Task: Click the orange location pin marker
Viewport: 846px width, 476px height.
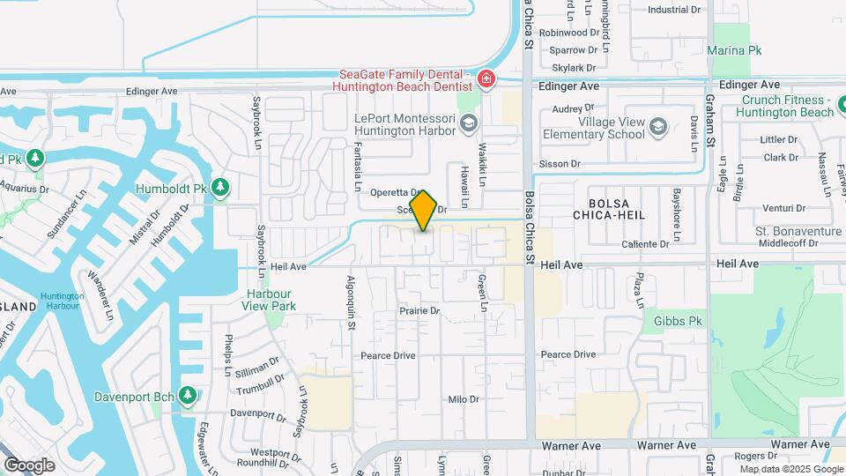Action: pos(424,212)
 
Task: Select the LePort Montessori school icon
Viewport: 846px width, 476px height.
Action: pos(468,123)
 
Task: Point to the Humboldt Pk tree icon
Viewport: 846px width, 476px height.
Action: pos(220,188)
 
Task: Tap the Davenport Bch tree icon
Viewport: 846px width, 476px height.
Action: pos(187,396)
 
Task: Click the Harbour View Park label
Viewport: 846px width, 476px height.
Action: pos(270,300)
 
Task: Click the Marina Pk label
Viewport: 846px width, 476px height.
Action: pos(734,51)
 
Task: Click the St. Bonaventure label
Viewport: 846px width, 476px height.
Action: pos(798,231)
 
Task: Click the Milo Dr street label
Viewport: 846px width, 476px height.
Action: pos(463,399)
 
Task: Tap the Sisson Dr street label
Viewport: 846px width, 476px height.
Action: pos(560,164)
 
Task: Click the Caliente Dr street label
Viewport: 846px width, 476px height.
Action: pos(645,244)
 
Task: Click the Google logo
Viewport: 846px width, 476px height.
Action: pos(29,465)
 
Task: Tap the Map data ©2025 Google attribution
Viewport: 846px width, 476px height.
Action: pos(788,468)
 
